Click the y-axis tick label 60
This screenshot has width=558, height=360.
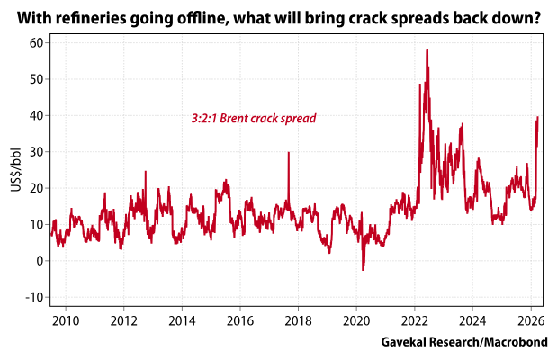(34, 42)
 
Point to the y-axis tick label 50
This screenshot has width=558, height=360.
(34, 79)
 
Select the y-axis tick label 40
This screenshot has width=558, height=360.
(34, 115)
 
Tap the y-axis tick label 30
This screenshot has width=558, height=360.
(34, 152)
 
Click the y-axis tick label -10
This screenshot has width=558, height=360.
(32, 297)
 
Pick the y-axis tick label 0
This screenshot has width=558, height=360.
(38, 261)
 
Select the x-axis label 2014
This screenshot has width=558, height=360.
(182, 319)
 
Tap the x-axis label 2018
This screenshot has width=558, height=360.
(298, 319)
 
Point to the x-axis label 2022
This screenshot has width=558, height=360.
(414, 319)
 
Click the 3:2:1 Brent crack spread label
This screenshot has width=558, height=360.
(254, 118)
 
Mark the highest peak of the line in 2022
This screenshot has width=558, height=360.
(427, 49)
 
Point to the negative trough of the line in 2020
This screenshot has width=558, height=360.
(363, 269)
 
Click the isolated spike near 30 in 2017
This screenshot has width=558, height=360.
(288, 152)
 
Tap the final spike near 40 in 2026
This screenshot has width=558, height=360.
(537, 117)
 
